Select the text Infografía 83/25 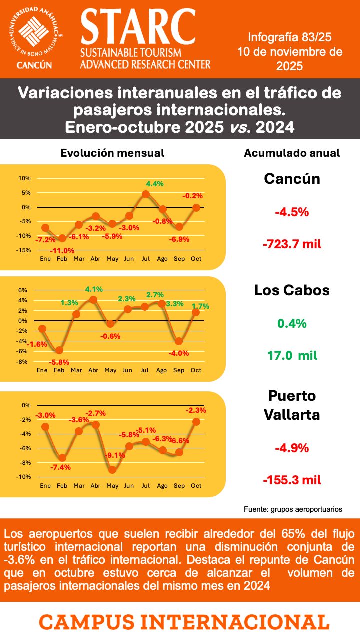coord(290,37)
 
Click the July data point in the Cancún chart coord(146,194)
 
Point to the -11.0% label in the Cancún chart coord(63,251)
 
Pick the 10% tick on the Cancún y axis coord(25,178)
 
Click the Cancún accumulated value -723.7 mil coord(292,244)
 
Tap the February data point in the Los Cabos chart coord(60,350)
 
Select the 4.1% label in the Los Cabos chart coord(94,289)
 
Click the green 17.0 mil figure coord(292,356)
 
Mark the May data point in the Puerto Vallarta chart coord(112,470)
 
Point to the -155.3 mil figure coord(292,480)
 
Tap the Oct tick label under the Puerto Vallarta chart coord(196,485)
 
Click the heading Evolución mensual coord(112,153)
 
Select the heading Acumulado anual coord(292,153)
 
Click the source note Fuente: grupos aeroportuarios coord(293,509)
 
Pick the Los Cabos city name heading coord(292,290)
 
